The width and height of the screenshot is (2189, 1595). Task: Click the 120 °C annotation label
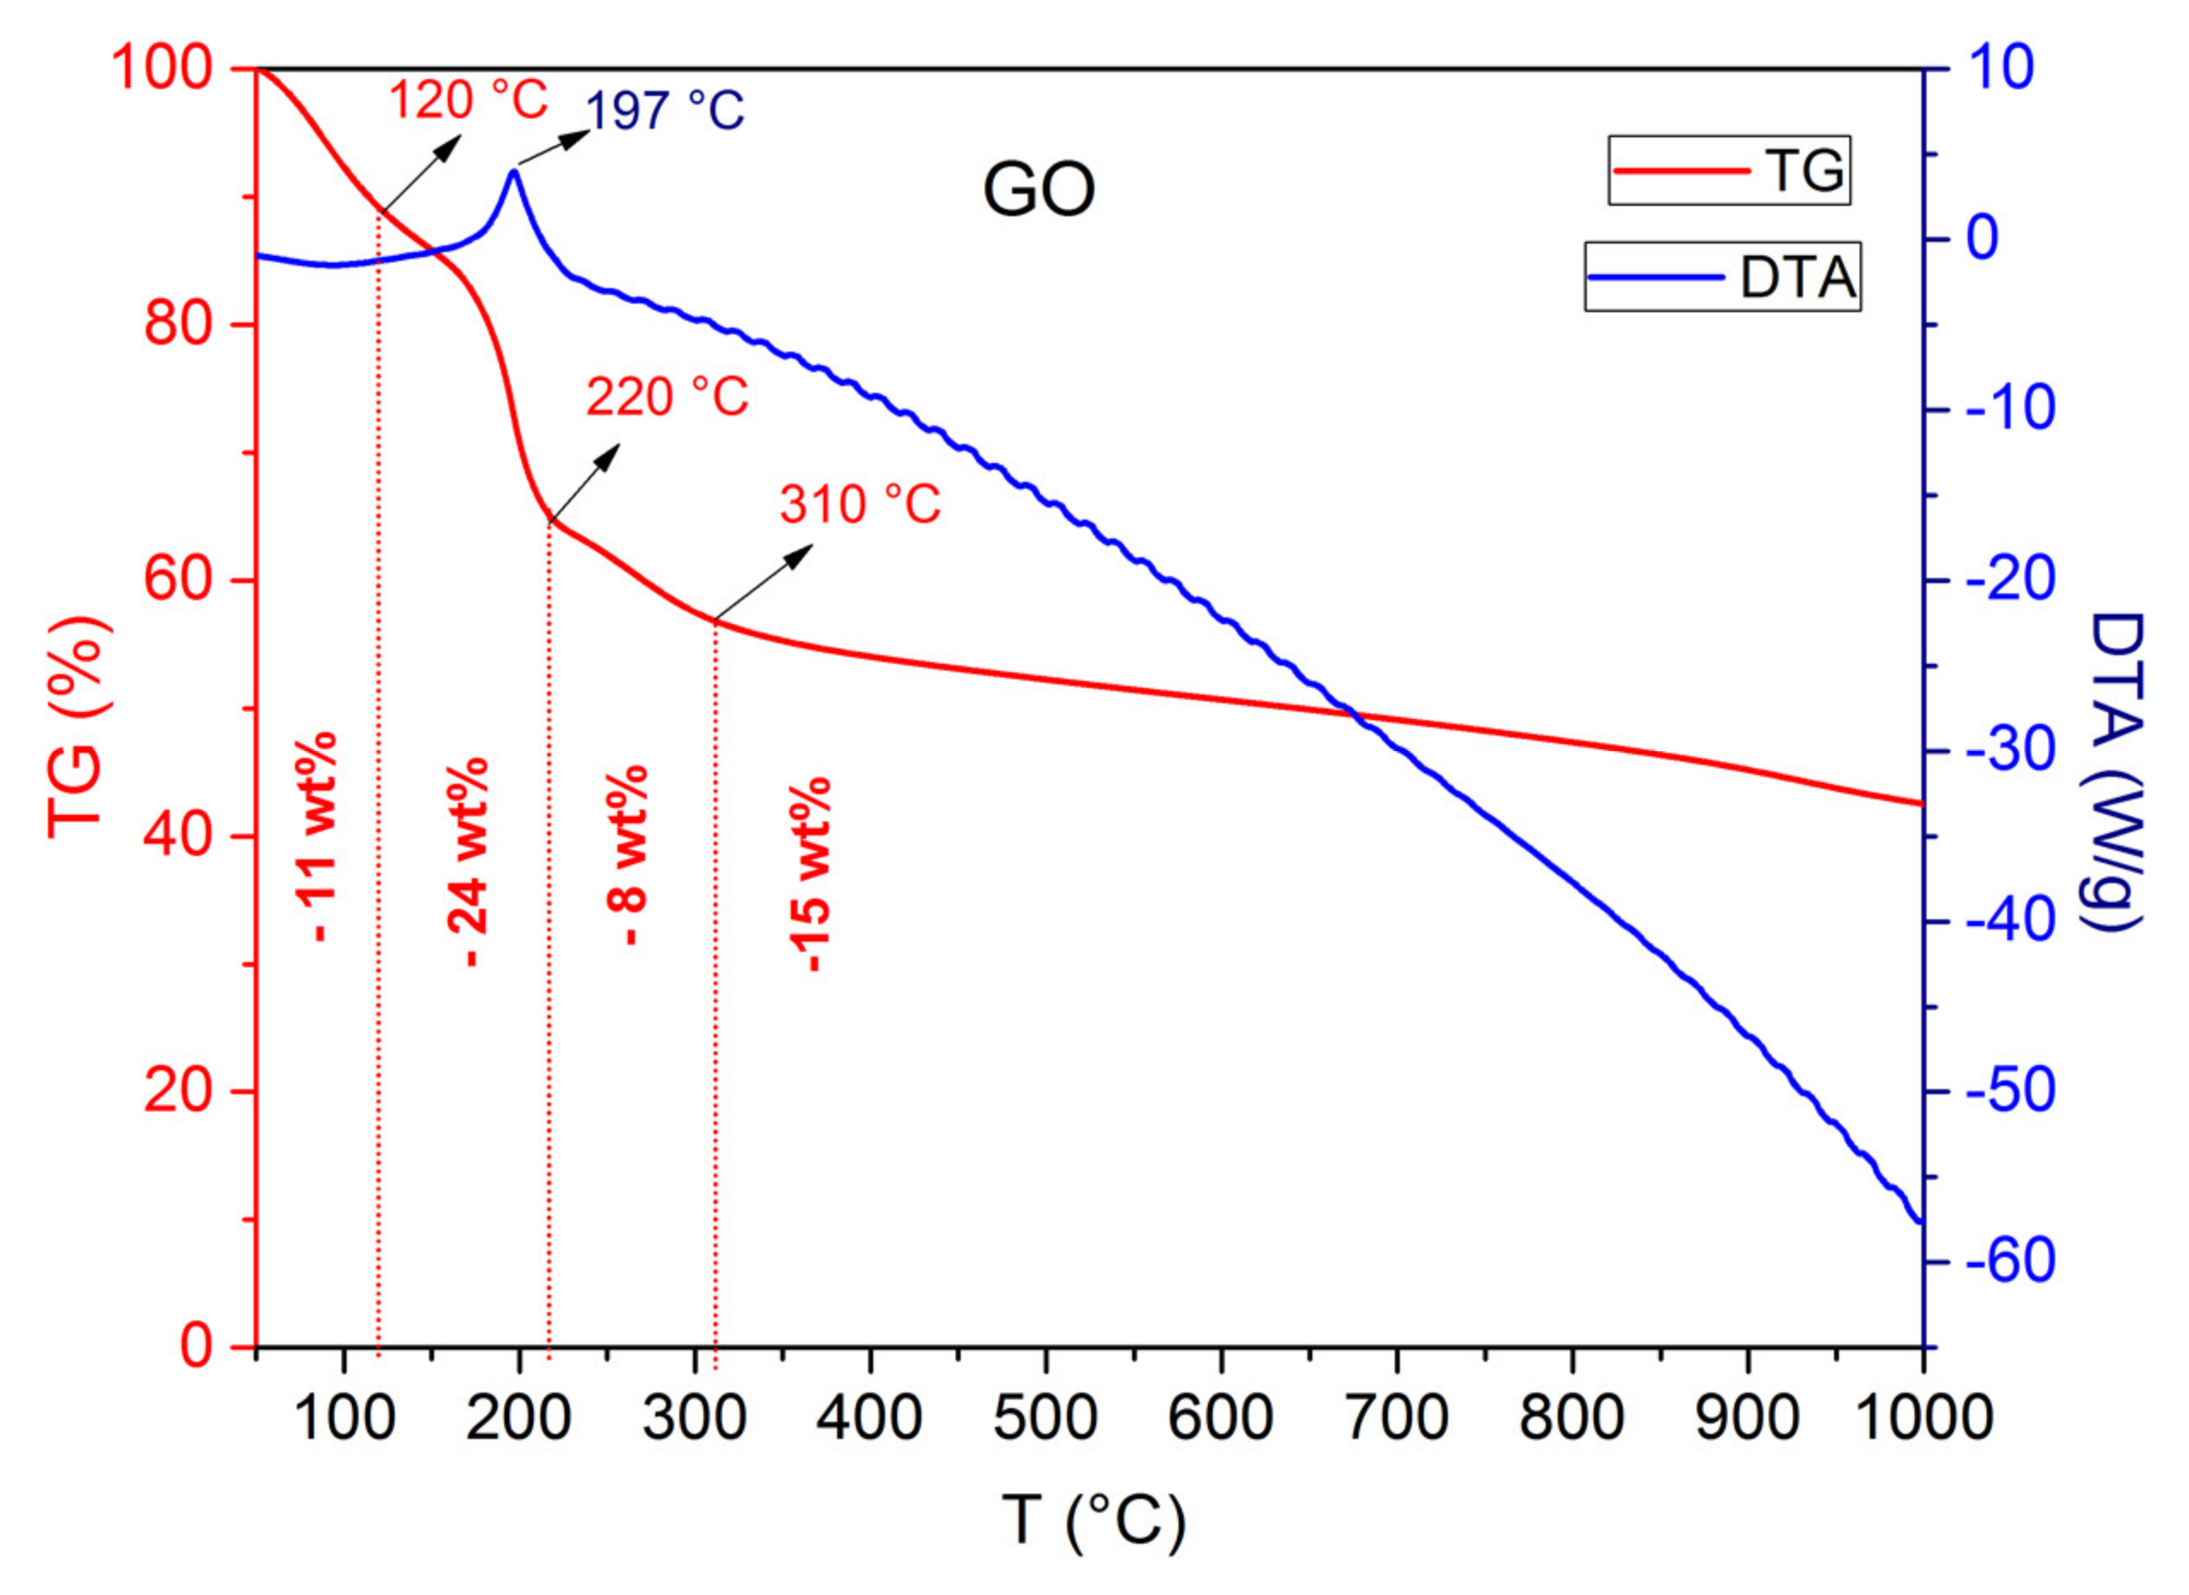468,99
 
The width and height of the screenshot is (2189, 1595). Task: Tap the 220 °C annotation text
667,397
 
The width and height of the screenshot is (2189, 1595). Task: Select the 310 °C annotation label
860,504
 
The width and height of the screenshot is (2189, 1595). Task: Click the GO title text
1039,190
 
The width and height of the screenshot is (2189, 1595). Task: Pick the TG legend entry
1728,170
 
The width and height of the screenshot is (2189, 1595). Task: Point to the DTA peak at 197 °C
514,172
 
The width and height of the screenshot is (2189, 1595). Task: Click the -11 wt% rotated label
318,836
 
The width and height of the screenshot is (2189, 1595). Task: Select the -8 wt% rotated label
629,854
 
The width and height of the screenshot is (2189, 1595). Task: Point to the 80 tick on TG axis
178,324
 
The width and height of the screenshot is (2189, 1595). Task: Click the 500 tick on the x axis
1046,1417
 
